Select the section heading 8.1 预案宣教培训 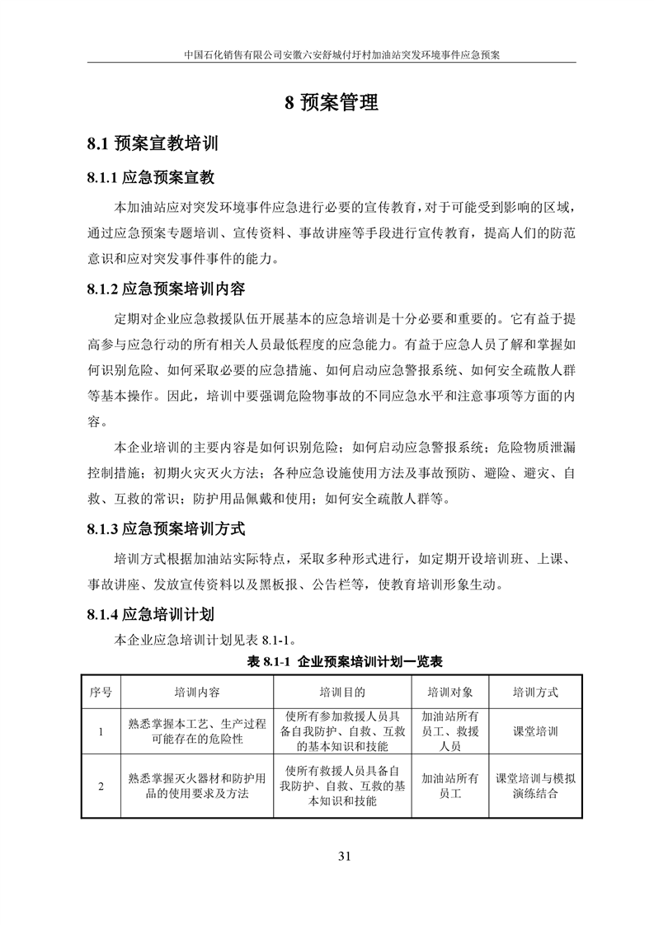(x=153, y=143)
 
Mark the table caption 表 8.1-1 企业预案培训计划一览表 (x=346, y=661)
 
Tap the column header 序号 (x=101, y=691)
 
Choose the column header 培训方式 (x=535, y=691)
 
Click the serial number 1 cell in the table (x=101, y=731)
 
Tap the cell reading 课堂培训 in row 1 (x=535, y=731)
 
